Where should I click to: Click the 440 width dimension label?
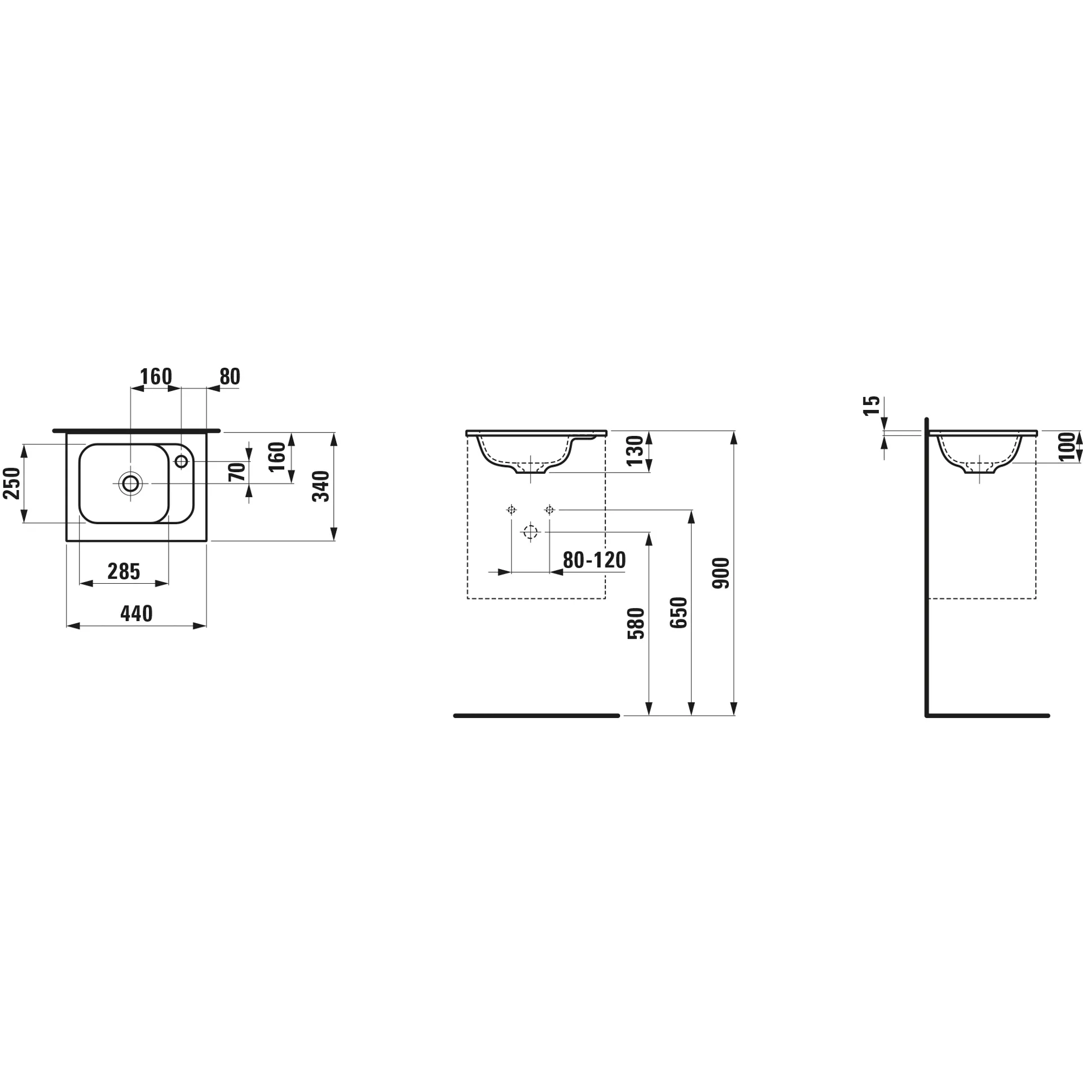coord(137,614)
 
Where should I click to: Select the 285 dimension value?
coord(124,572)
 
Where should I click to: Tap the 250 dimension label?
coord(12,483)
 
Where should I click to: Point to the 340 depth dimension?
coord(321,486)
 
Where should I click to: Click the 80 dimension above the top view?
coord(230,376)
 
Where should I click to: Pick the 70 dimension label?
coord(237,472)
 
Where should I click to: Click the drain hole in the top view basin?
coord(130,483)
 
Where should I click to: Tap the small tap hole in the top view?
coord(181,461)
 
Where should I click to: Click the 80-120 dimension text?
coord(595,560)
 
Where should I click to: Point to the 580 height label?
coord(636,623)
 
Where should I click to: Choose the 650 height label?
coord(679,613)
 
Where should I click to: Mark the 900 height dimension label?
coord(721,573)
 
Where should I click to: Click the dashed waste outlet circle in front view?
coord(530,532)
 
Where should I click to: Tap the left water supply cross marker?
coord(512,510)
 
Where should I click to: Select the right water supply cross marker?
coord(549,510)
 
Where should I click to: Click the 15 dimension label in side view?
coord(872,406)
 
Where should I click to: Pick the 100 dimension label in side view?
coord(1067,447)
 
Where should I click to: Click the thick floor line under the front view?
coord(536,716)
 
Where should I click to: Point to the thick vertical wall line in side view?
coord(927,564)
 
